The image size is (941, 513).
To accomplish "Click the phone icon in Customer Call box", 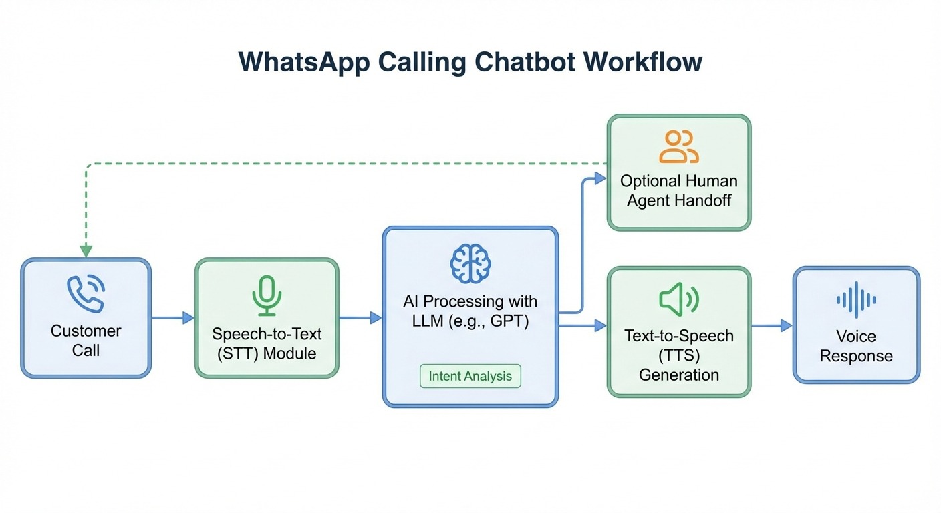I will point(86,294).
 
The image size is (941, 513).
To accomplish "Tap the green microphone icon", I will point(267,296).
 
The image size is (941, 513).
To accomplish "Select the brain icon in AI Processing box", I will point(470,263).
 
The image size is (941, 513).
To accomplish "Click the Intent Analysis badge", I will point(470,376).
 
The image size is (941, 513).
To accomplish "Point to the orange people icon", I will point(678,147).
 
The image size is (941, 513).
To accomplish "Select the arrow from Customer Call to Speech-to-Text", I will point(172,319).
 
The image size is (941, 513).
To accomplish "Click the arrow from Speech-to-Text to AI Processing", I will point(360,319).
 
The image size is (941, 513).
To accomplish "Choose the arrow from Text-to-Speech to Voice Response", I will point(773,326).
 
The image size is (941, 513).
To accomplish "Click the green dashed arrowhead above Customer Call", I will point(86,251).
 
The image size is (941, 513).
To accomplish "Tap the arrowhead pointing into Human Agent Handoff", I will point(600,178).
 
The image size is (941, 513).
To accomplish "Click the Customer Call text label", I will point(86,341).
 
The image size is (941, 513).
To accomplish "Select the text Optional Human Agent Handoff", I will point(678,190).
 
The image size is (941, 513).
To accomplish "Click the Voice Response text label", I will point(856,346).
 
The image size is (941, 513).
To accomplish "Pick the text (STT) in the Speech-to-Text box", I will point(238,353).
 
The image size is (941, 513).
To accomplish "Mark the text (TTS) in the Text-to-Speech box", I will point(678,355).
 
